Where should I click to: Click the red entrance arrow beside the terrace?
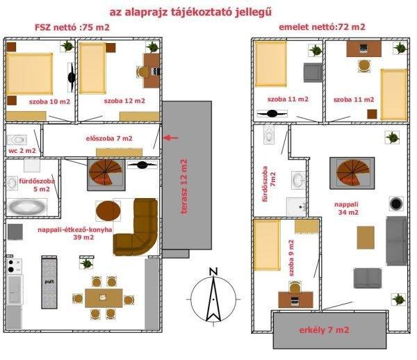[x=170, y=138]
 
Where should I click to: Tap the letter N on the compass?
[x=213, y=272]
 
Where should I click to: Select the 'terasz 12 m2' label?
[x=184, y=186]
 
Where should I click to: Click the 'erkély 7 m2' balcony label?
[x=324, y=330]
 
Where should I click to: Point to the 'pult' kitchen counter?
[x=49, y=282]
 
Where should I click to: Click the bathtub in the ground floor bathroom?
[x=26, y=206]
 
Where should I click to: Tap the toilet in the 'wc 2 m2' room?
[x=17, y=140]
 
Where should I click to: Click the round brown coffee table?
[x=108, y=211]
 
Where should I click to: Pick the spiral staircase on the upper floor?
[x=352, y=173]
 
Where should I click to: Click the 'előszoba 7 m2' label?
[x=109, y=138]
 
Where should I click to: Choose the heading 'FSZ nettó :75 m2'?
[x=72, y=27]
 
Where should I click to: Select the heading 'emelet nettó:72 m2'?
[x=322, y=27]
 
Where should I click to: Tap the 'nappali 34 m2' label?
[x=347, y=208]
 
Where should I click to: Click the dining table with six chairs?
[x=104, y=297]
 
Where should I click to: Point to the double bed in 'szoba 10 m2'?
[x=29, y=74]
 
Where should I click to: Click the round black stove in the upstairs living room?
[x=396, y=204]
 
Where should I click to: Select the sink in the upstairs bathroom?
[x=298, y=180]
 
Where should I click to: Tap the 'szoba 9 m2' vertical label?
[x=291, y=258]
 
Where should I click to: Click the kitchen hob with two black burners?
[x=14, y=265]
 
